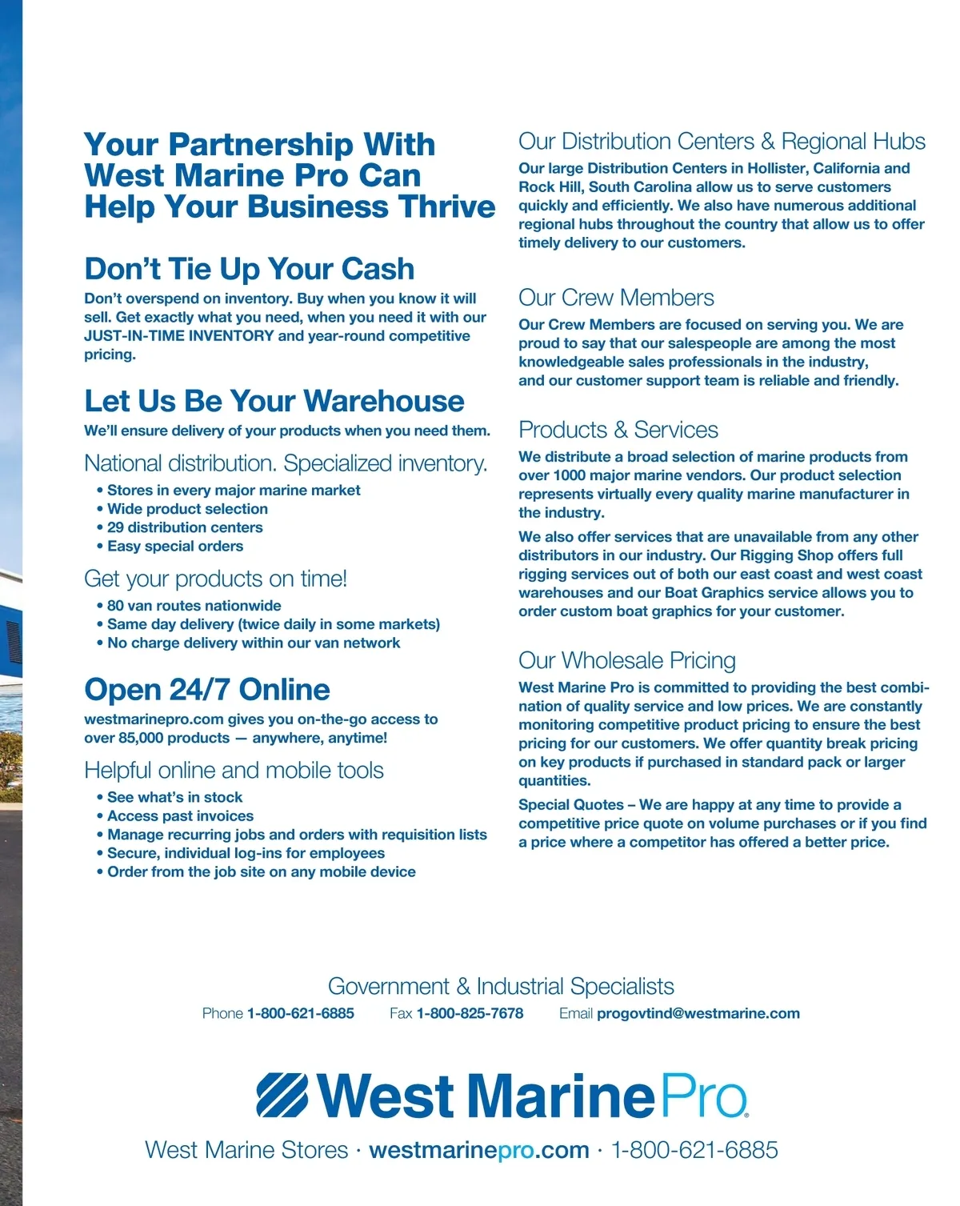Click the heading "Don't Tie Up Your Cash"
(x=249, y=269)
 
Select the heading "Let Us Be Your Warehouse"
(x=274, y=401)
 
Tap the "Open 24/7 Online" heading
(x=206, y=690)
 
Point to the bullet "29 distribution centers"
(x=185, y=527)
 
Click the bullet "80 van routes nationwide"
(x=194, y=606)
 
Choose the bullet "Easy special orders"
(x=175, y=546)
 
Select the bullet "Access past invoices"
(x=180, y=815)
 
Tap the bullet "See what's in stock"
(x=174, y=797)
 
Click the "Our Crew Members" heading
(x=616, y=298)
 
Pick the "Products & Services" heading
(x=618, y=430)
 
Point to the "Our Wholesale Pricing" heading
(x=626, y=660)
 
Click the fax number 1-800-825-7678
(x=470, y=1013)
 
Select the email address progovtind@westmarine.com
(x=698, y=1013)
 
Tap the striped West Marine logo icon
(x=282, y=1096)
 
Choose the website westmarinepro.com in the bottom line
(x=478, y=1150)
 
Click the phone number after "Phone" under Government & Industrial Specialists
(x=300, y=1013)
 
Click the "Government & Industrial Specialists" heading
(x=501, y=986)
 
